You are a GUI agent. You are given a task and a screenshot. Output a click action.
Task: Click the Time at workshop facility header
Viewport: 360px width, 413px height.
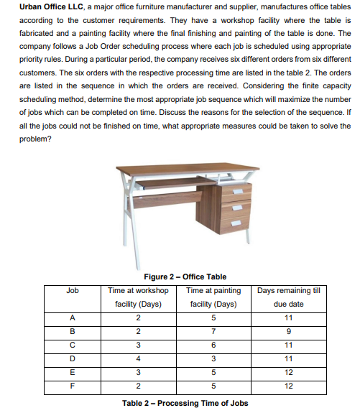pyautogui.click(x=138, y=297)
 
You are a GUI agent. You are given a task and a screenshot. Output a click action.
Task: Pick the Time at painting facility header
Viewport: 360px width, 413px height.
pyautogui.click(x=213, y=297)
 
